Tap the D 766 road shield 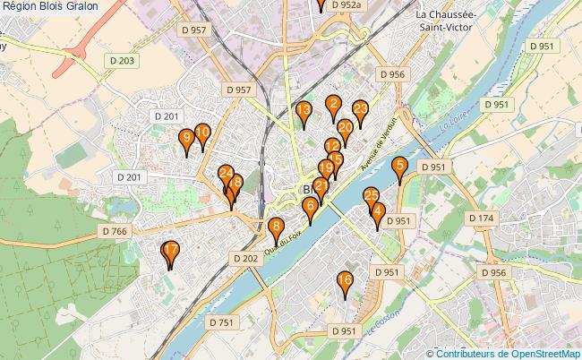click(116, 230)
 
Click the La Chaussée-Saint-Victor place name click(454, 21)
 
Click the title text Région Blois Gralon click(50, 6)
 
